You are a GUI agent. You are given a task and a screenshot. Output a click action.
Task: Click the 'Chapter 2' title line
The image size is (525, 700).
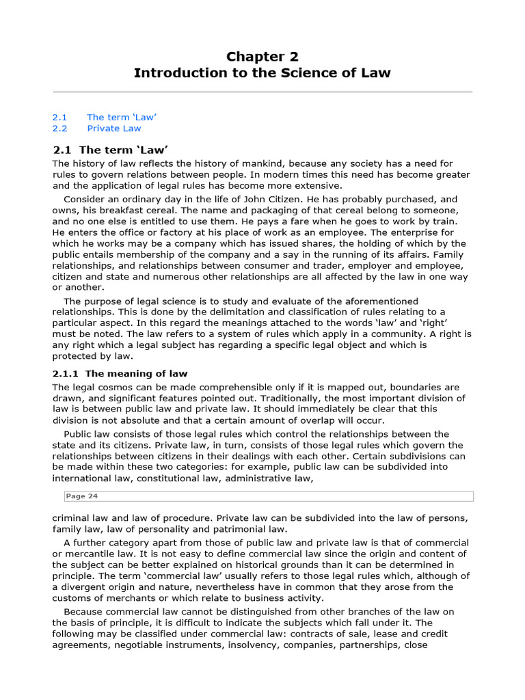(x=262, y=56)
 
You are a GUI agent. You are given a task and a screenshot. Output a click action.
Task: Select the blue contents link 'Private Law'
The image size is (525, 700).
(x=114, y=128)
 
